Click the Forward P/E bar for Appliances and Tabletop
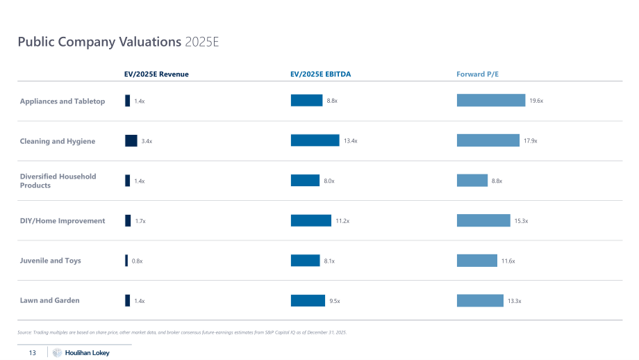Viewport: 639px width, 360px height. [491, 100]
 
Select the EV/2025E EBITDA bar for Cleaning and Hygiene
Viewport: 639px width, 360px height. [315, 140]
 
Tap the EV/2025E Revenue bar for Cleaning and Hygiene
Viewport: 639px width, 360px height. [131, 140]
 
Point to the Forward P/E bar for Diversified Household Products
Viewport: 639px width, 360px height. [472, 180]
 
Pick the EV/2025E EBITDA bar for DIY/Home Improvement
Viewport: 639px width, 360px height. [311, 220]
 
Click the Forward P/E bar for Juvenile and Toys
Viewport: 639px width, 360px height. [477, 261]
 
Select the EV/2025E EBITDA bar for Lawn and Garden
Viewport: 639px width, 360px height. [308, 300]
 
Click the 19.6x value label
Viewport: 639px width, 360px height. [536, 101]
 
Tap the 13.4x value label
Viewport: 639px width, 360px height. [351, 140]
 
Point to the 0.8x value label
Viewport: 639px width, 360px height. [138, 261]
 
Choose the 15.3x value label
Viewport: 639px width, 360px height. [521, 221]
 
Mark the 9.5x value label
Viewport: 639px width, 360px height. [335, 301]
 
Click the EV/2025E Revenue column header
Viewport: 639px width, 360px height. [156, 74]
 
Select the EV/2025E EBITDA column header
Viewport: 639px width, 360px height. [321, 74]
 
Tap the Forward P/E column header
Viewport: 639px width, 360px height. [478, 74]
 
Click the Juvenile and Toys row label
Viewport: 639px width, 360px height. [51, 261]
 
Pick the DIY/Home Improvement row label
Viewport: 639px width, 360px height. [63, 220]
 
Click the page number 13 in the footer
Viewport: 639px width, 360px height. [33, 352]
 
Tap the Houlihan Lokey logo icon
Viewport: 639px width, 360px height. [57, 352]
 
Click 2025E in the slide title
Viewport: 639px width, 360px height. [202, 42]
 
